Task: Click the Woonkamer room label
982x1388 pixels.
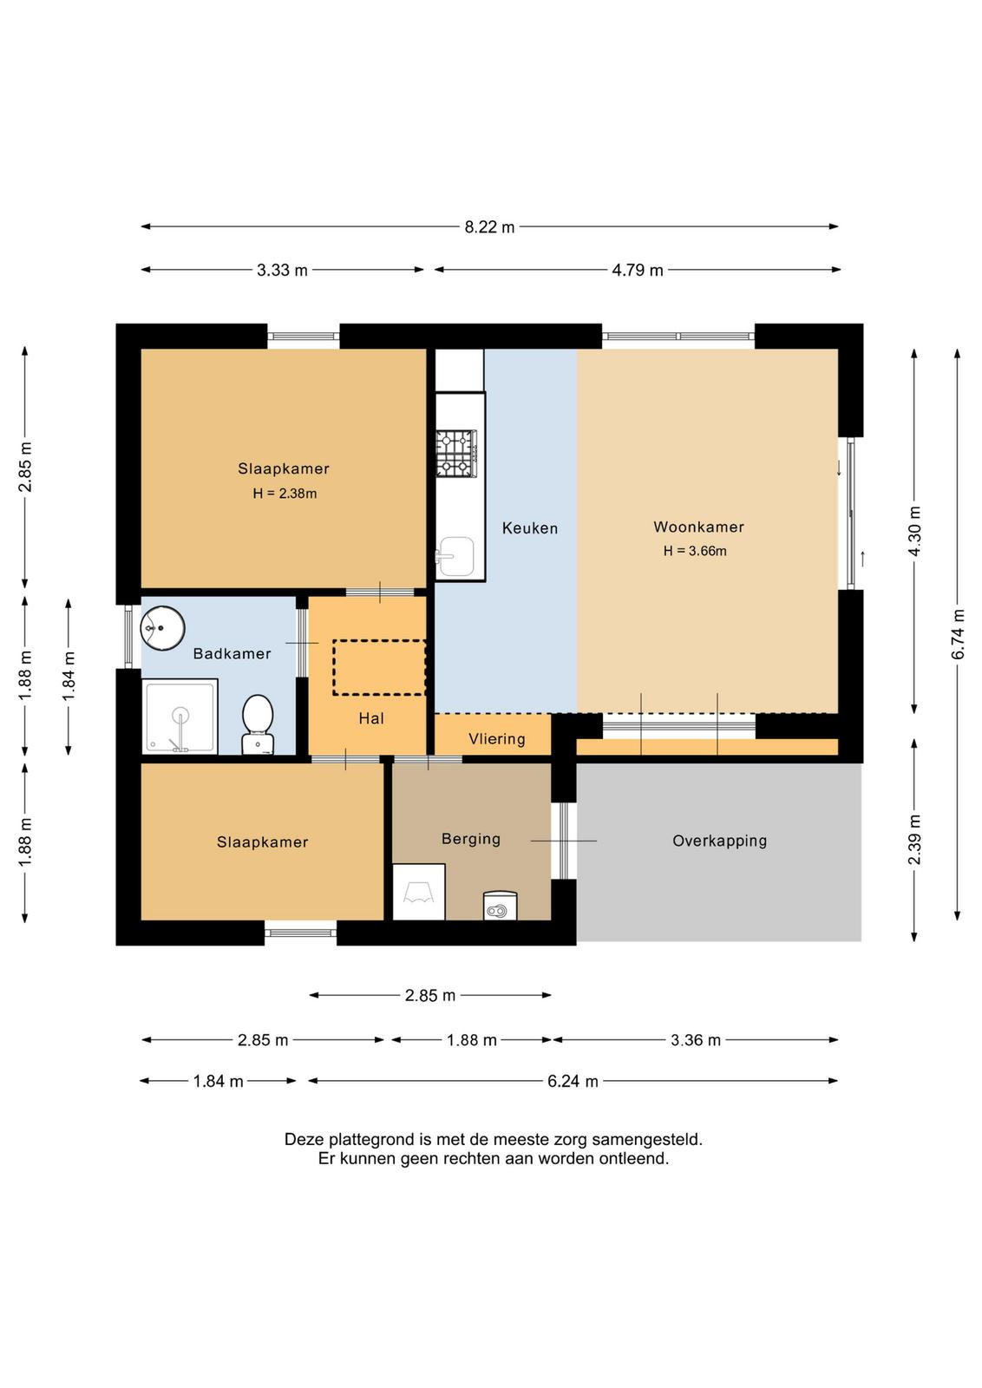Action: pos(698,527)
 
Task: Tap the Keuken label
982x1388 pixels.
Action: pos(530,528)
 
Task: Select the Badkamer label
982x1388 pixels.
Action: pos(232,654)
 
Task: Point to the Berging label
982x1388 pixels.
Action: pos(471,840)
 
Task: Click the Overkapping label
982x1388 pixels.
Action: pos(719,841)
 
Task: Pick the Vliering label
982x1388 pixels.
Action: pos(497,739)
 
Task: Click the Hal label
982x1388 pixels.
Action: pos(371,719)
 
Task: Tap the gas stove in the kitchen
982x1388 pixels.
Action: pos(456,455)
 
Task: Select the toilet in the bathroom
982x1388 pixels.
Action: pos(258,724)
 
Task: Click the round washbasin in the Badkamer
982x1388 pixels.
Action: pos(162,628)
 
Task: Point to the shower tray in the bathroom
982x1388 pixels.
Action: pos(180,717)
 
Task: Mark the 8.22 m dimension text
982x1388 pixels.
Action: pos(489,227)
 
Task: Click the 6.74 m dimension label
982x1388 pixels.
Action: pos(958,635)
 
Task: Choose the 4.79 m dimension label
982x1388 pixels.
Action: pos(638,271)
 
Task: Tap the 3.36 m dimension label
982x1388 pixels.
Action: pos(695,1040)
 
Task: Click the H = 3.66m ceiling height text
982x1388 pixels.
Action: pos(695,551)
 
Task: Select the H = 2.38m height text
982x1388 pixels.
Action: pos(285,494)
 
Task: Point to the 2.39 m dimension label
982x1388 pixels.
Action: pos(915,840)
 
